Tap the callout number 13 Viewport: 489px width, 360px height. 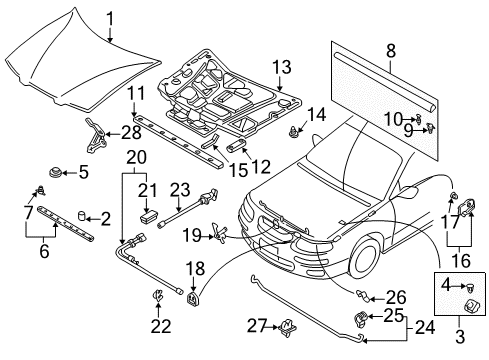point(282,67)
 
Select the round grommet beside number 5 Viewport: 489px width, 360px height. point(55,173)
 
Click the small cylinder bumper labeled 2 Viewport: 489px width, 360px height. point(82,216)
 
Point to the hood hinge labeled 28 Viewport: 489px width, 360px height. point(95,136)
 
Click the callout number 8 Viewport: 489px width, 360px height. point(391,51)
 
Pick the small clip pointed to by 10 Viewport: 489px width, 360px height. point(418,119)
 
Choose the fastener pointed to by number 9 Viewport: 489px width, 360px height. point(431,128)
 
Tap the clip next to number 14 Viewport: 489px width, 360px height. point(293,131)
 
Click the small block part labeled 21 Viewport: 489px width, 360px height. point(147,217)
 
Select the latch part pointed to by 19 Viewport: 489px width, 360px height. point(220,231)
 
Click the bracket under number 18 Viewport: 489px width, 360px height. point(193,297)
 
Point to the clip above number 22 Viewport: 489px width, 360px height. point(157,296)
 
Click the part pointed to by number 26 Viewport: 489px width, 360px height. point(363,295)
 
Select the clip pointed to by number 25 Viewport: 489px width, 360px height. point(360,318)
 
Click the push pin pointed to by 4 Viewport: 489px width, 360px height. point(470,287)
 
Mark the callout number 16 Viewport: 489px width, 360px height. point(461,260)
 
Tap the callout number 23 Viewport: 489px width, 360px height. point(180,190)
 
